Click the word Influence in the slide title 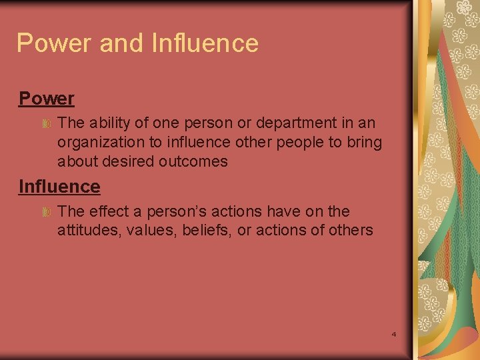(205, 43)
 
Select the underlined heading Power (46, 99)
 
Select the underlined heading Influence (59, 187)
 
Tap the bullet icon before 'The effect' (47, 212)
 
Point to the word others (351, 230)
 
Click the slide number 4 (393, 333)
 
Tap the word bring (366, 143)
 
